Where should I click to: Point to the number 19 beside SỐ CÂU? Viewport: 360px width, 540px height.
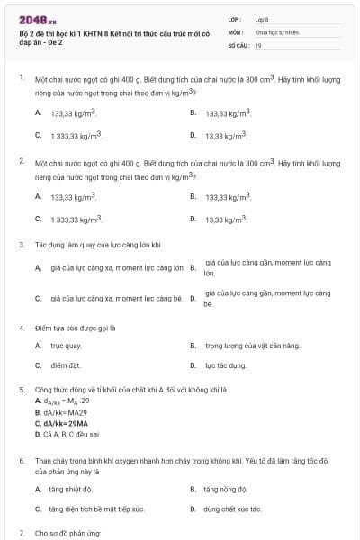258,44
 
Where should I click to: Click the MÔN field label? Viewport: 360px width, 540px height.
235,31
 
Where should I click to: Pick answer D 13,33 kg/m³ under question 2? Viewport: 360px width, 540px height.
225,219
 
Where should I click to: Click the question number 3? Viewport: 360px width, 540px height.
22,244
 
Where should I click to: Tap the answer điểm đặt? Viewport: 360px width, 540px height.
66,365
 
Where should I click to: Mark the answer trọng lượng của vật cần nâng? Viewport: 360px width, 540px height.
239,346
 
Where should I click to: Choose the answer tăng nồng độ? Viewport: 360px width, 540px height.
225,489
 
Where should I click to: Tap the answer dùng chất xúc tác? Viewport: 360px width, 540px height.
232,508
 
